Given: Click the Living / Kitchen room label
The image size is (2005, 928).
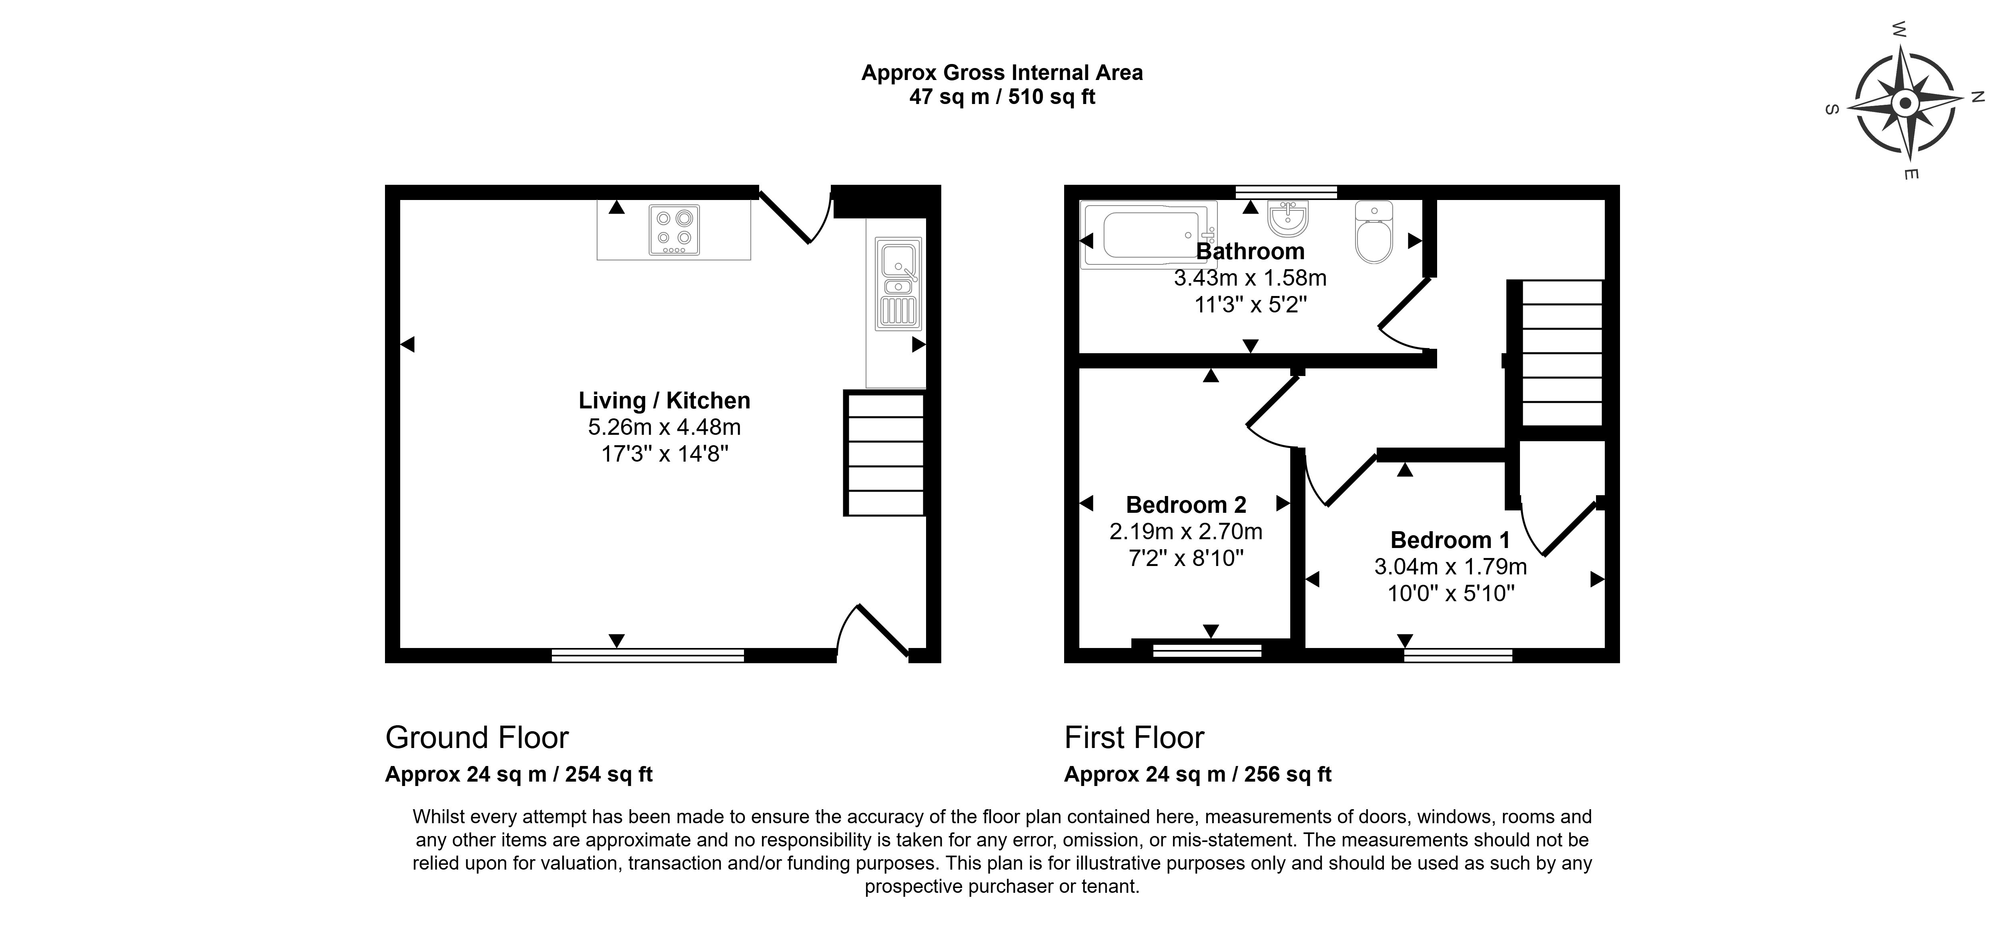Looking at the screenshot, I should tap(664, 401).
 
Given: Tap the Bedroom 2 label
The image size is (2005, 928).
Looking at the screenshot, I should tap(1185, 505).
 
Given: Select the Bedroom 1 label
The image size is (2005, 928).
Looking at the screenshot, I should tap(1450, 540).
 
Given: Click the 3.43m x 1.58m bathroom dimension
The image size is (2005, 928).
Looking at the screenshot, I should tap(1250, 278).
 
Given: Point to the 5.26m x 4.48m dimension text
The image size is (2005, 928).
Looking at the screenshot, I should tap(664, 427).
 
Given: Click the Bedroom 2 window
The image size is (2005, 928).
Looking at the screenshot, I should tap(1207, 650).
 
